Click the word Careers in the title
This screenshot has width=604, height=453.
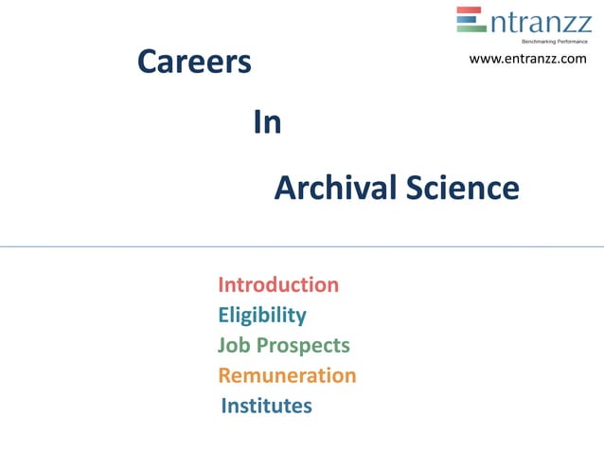tap(194, 62)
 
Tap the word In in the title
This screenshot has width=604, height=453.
tap(267, 123)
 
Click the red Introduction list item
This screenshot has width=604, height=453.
tap(278, 284)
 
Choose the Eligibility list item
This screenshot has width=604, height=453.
tap(261, 315)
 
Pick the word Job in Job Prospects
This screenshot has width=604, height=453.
tap(233, 345)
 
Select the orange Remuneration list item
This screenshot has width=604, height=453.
tap(287, 375)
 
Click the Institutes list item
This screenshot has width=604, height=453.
tap(266, 406)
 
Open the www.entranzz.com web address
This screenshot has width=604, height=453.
tap(527, 60)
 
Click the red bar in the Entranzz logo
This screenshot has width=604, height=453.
tap(471, 10)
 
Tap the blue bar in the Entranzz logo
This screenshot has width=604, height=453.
tap(471, 19)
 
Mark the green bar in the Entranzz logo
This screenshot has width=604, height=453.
tap(471, 28)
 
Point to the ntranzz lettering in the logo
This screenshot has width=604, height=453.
tap(540, 20)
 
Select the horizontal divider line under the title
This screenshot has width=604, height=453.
tap(302, 246)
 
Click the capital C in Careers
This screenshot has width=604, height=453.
tap(148, 62)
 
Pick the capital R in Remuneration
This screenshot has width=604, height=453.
tap(225, 375)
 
